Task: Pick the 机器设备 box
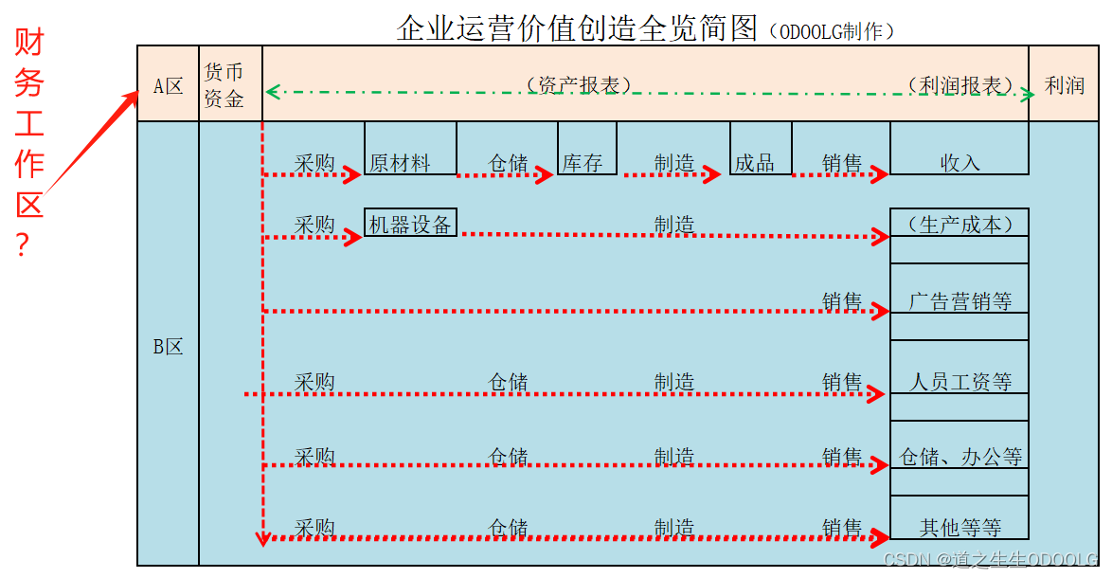tap(410, 224)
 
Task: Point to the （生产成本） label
tap(960, 224)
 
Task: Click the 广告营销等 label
tap(960, 301)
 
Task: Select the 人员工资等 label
tap(960, 382)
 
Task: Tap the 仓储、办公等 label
tap(960, 457)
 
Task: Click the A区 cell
tap(168, 85)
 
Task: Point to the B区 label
tap(168, 347)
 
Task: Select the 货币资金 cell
tap(224, 85)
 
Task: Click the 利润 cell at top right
tap(1064, 85)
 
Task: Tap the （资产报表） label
tap(578, 84)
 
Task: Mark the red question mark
tap(23, 246)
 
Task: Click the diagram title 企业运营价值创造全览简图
tap(578, 28)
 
